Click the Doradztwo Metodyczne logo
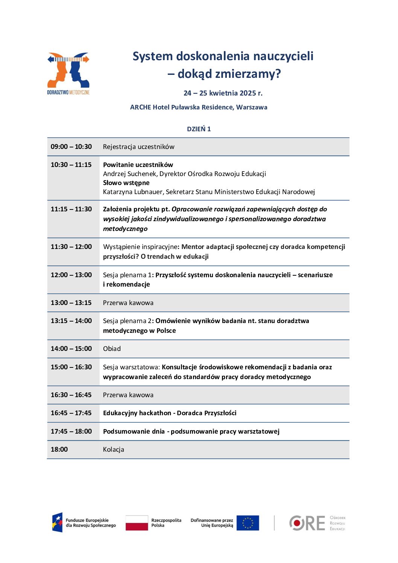point(68,73)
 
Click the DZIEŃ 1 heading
point(199,129)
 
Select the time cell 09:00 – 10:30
point(71,147)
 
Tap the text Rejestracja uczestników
point(138,147)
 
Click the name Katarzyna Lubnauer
point(133,192)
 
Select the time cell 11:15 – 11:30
point(71,209)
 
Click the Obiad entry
point(112,349)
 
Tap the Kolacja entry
point(113,449)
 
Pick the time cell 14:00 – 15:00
point(71,349)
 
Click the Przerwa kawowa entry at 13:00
point(128,303)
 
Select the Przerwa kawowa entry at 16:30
point(128,395)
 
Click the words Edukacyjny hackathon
point(137,413)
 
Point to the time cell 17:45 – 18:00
point(71,431)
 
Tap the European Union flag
point(248,523)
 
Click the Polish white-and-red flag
point(137,523)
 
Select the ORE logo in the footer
point(307,523)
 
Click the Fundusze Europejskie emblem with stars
point(57,522)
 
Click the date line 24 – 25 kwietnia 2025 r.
point(223,93)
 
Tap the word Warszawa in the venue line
point(252,107)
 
